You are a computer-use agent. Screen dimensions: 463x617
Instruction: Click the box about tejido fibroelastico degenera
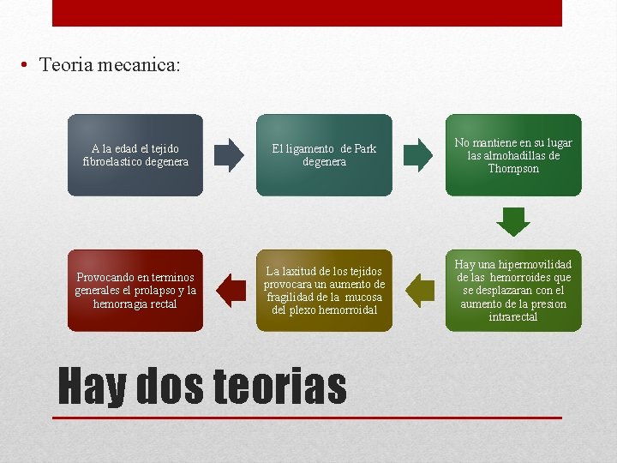tap(135, 155)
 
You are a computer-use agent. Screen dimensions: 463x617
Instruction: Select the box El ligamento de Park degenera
tap(324, 155)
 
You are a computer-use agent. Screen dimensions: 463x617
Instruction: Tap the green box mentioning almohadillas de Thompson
tap(513, 155)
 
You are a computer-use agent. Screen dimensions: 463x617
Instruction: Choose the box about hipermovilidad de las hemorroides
tap(513, 291)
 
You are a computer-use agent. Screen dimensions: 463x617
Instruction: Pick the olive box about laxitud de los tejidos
tap(324, 291)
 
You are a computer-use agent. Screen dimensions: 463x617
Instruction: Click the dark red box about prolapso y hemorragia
tap(135, 291)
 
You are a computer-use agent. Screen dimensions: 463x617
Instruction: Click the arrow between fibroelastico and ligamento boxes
tap(229, 155)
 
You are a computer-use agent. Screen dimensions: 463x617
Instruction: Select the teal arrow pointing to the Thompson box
tap(418, 155)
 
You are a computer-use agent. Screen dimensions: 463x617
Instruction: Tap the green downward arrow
tap(513, 221)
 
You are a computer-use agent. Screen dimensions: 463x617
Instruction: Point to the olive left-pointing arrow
tap(420, 291)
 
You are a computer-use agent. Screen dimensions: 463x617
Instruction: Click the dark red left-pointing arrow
tap(231, 291)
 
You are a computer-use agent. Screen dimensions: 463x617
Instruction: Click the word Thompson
tap(513, 169)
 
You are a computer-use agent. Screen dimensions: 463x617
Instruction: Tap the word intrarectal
tap(513, 317)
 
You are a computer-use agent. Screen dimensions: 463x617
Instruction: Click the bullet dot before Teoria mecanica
tap(28, 66)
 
